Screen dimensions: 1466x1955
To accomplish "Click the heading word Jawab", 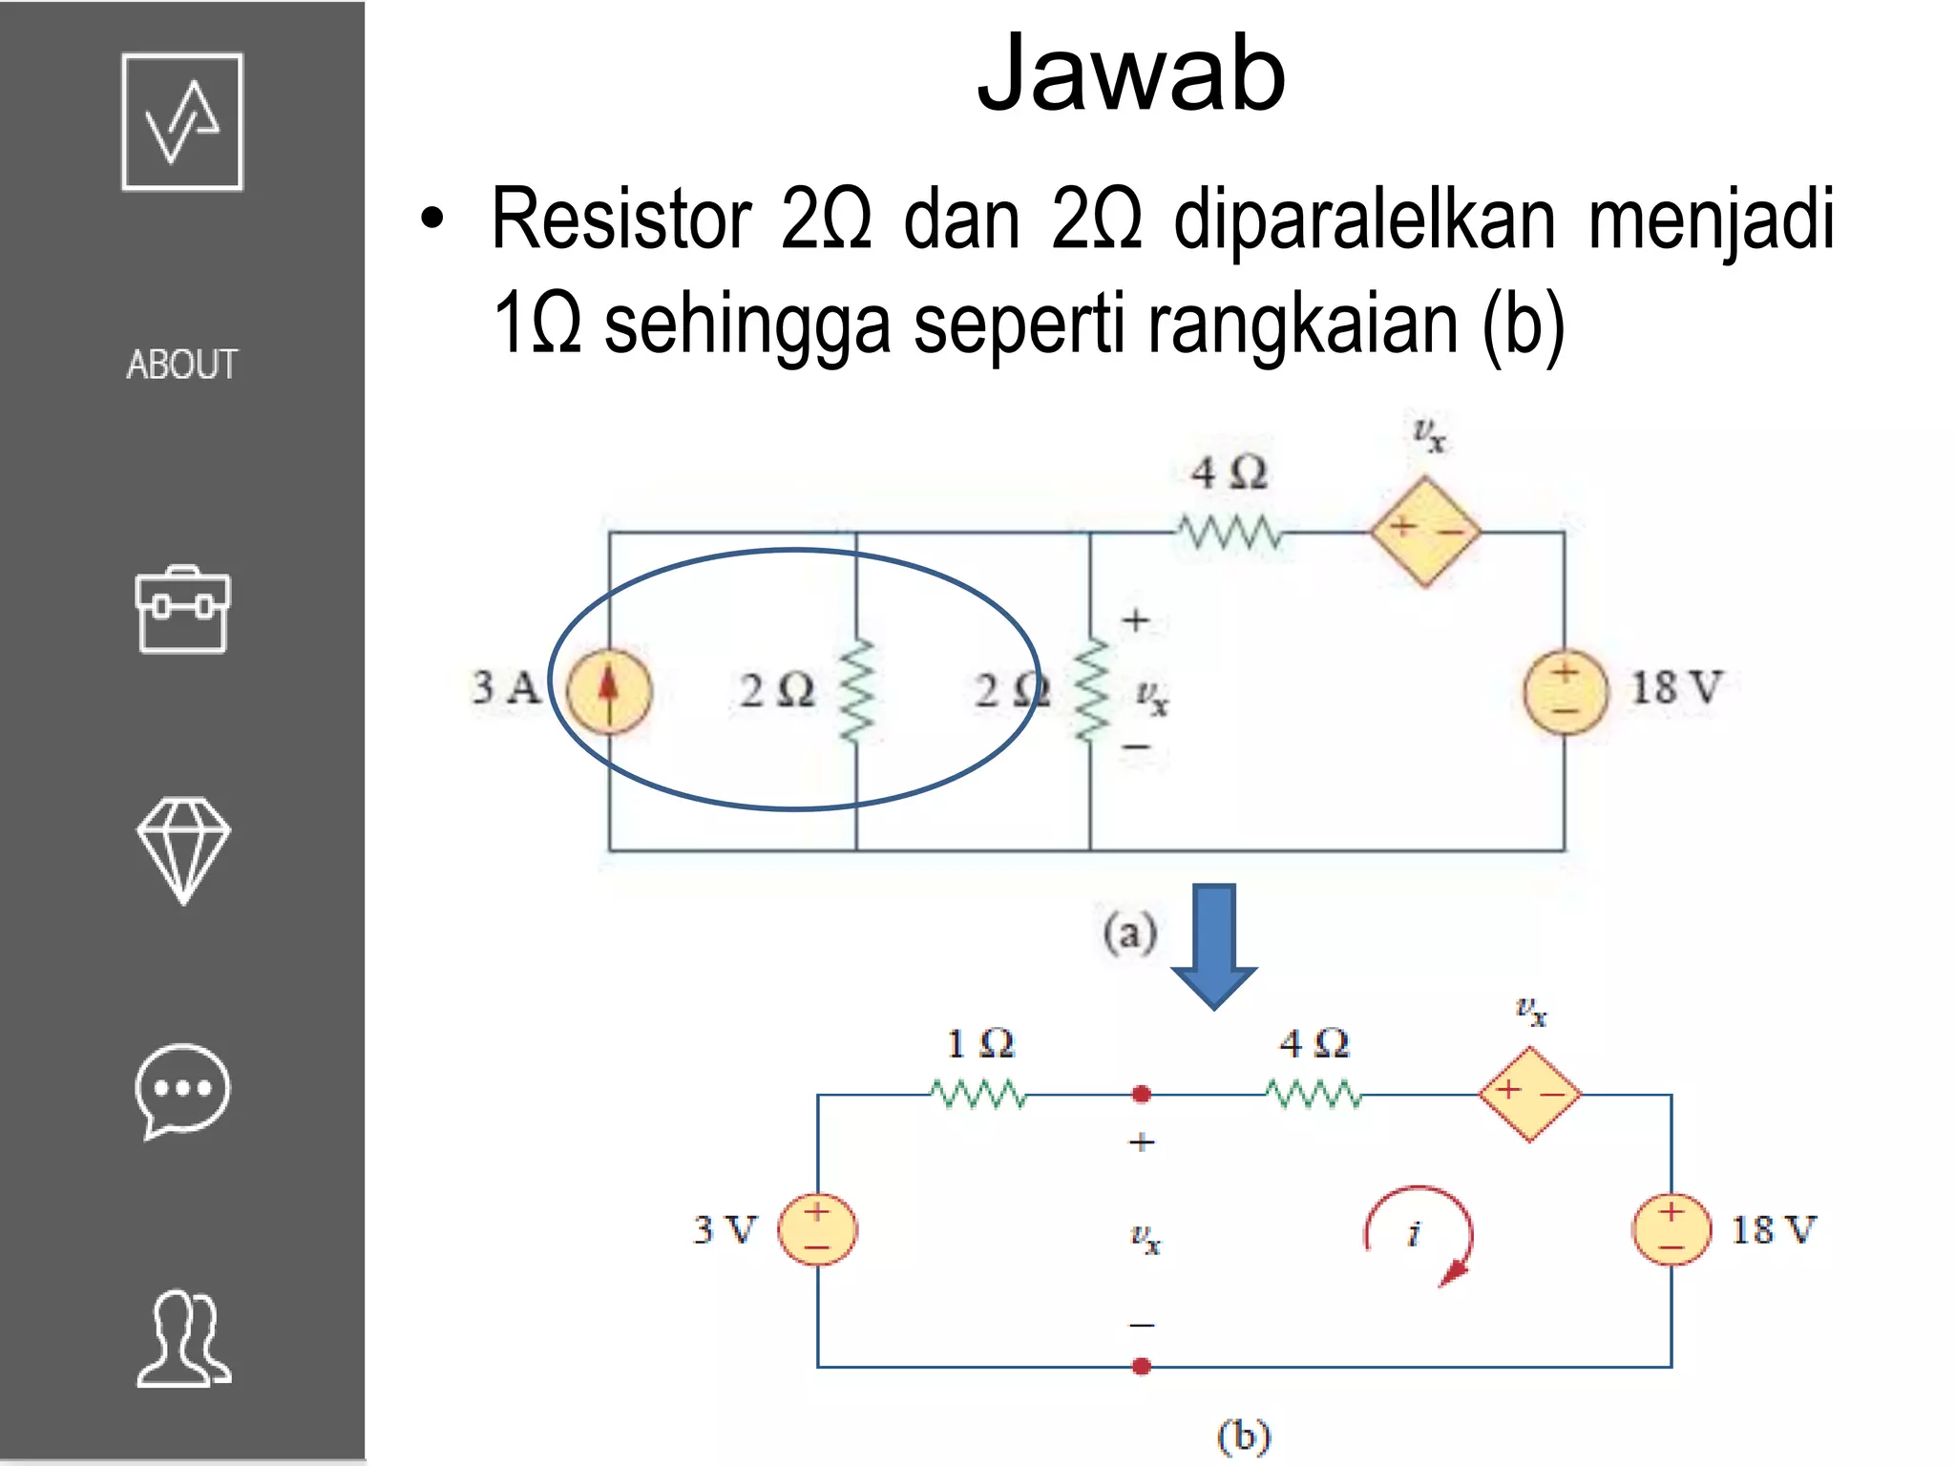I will [x=1131, y=74].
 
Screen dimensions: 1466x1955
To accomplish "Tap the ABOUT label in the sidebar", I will [x=181, y=365].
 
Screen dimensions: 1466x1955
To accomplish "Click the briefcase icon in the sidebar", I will [x=182, y=611].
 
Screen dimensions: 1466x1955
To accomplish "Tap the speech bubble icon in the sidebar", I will [x=182, y=1091].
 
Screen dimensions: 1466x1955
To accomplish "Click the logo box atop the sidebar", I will [x=182, y=122].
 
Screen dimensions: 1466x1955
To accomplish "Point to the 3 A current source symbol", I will [x=609, y=690].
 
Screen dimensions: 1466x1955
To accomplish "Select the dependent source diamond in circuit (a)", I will [x=1425, y=532].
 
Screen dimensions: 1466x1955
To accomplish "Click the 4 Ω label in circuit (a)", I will [x=1229, y=472].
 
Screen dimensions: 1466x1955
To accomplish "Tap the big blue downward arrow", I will [x=1214, y=945].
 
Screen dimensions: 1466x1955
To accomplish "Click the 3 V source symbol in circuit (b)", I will [x=817, y=1229].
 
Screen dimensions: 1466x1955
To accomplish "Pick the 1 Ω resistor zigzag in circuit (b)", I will [x=979, y=1094].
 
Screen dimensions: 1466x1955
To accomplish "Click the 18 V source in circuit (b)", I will [x=1671, y=1229].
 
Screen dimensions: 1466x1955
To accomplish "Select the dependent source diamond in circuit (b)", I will [x=1529, y=1094].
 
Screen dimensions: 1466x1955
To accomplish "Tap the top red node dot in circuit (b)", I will [x=1141, y=1095].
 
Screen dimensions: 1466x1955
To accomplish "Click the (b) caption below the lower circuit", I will [x=1244, y=1437].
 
